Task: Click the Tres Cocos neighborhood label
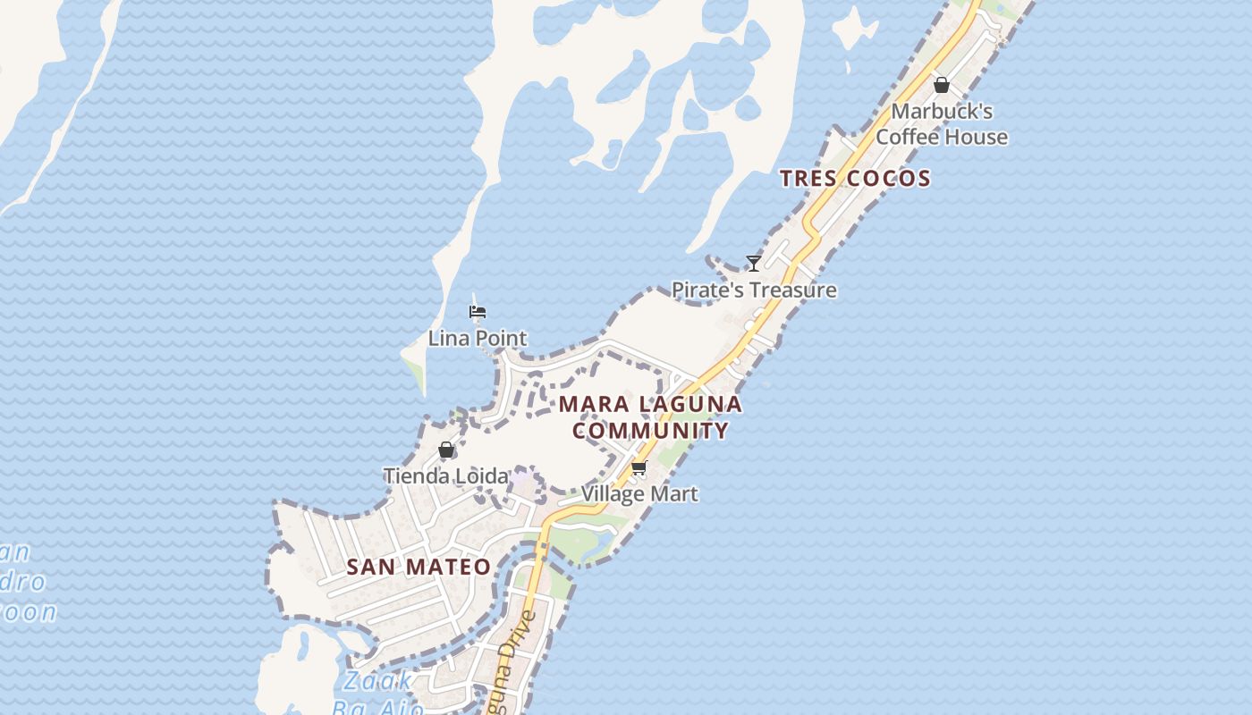[855, 178]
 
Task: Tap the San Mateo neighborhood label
[419, 567]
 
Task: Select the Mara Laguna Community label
[651, 417]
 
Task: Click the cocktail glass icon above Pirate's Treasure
[754, 263]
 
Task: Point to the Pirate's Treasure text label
[754, 290]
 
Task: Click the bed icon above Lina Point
[478, 312]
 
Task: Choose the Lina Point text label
[478, 339]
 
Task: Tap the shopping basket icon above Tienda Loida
[446, 450]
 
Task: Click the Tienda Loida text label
[445, 476]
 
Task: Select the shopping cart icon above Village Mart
[639, 467]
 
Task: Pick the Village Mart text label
[639, 493]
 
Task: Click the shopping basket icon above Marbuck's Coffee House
[942, 85]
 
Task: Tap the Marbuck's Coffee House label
[942, 124]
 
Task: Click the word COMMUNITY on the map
[651, 431]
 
